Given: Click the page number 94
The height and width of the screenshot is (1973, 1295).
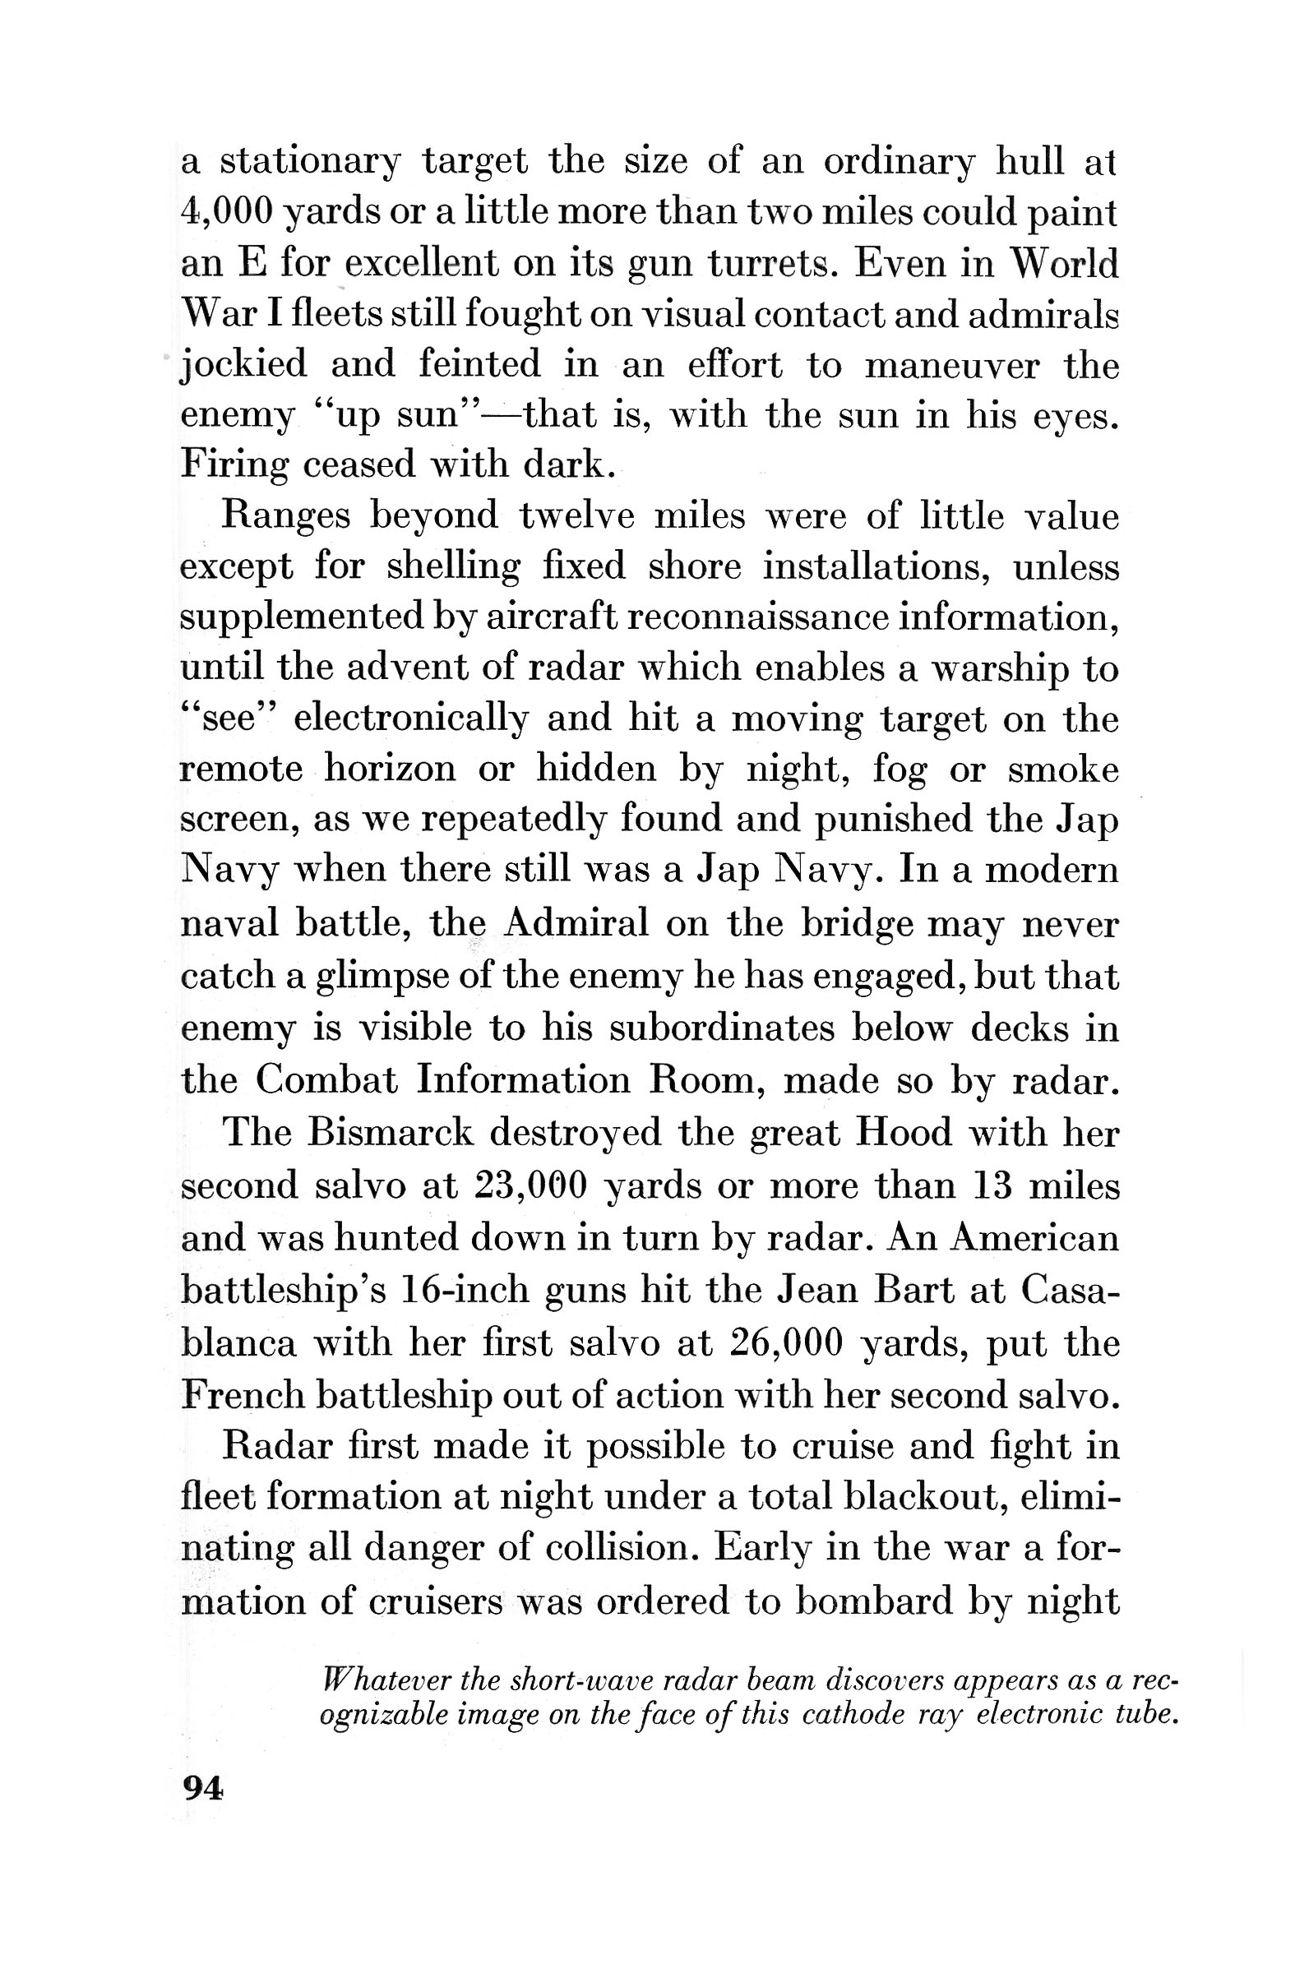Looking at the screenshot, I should coord(201,1789).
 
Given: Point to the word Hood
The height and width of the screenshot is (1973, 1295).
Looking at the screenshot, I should coord(903,1132).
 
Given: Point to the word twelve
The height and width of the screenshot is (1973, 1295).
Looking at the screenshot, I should coord(576,516).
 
